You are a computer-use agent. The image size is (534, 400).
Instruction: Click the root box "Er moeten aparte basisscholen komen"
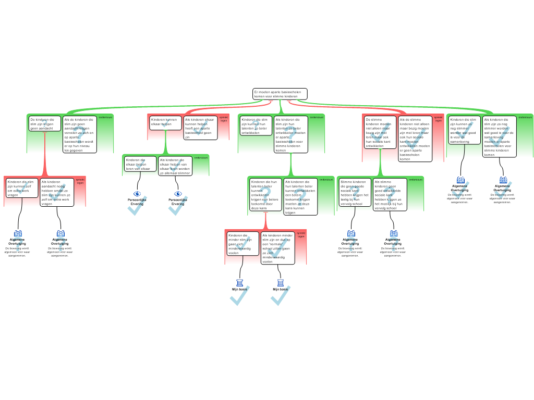tap(280, 94)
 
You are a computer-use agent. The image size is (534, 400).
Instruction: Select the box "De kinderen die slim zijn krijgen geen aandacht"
tap(44, 123)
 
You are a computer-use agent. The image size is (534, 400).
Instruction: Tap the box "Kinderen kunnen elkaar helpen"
tap(165, 122)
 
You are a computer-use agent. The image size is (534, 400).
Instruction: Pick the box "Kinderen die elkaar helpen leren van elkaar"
tap(140, 164)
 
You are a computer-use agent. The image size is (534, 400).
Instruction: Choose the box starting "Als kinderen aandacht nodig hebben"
tap(56, 192)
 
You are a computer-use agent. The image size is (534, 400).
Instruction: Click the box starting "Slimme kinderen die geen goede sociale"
tap(355, 192)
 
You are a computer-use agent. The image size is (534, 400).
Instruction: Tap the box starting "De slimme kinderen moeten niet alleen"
tap(380, 132)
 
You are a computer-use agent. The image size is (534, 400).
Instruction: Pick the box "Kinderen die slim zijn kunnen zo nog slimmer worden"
tap(464, 130)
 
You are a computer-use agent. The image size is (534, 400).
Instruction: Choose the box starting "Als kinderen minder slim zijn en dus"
tap(277, 248)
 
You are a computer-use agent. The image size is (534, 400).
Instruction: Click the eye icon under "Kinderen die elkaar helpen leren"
tap(138, 194)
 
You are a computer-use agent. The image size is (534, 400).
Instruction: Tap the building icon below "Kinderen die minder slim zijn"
tap(240, 283)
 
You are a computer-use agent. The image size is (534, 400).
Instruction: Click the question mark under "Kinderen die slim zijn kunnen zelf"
tap(18, 244)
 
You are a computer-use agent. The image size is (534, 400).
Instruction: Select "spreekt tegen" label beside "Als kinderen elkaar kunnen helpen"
tap(223, 119)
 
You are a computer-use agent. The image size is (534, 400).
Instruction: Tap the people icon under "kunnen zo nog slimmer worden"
tap(460, 180)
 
